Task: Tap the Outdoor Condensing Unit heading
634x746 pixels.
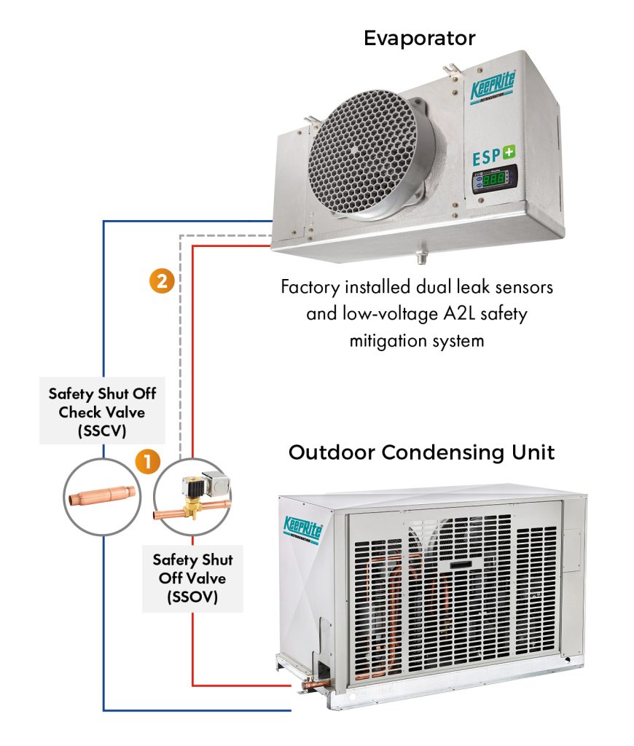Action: pos(422,452)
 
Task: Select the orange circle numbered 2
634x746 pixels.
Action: pos(161,280)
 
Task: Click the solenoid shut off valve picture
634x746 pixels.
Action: pos(193,498)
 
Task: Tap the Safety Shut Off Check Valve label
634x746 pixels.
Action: pos(102,412)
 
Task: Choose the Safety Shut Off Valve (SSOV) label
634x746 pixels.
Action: pos(192,579)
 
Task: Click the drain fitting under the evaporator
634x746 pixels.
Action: pos(420,256)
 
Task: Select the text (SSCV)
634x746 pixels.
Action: pos(102,431)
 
